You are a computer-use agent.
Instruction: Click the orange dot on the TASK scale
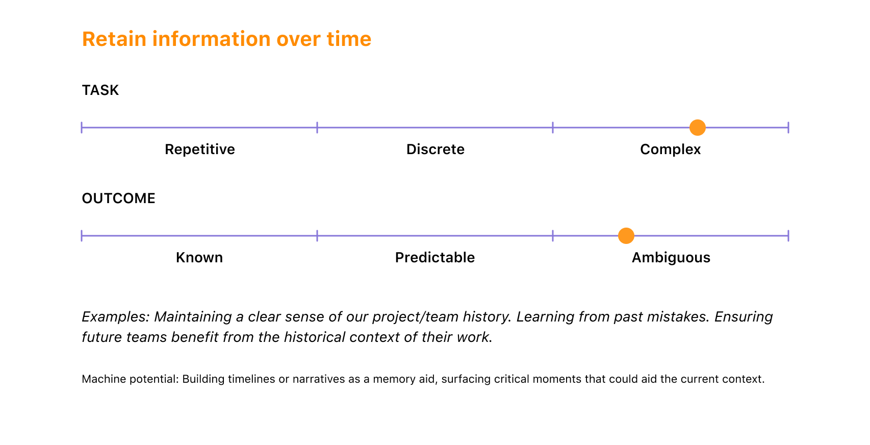coord(698,128)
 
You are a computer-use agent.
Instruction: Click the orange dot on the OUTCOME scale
coord(626,236)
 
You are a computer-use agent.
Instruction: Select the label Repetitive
coord(199,149)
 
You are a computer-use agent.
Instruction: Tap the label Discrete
coord(436,149)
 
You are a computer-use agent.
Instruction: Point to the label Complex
coord(671,149)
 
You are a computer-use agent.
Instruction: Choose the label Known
coord(199,257)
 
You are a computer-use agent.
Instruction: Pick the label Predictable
coord(435,257)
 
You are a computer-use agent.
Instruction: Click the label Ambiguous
coord(671,258)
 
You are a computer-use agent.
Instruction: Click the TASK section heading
coord(100,90)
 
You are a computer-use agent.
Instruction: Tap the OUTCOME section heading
coord(118,198)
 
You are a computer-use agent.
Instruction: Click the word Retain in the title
coord(114,39)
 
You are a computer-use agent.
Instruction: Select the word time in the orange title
coord(349,39)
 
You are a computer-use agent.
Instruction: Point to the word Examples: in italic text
coord(115,317)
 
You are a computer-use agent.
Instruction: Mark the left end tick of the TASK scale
coord(82,128)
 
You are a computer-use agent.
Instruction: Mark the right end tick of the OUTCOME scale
coord(788,236)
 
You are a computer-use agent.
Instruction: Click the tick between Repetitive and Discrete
coord(317,128)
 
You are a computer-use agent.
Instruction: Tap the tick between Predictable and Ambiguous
coord(553,236)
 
